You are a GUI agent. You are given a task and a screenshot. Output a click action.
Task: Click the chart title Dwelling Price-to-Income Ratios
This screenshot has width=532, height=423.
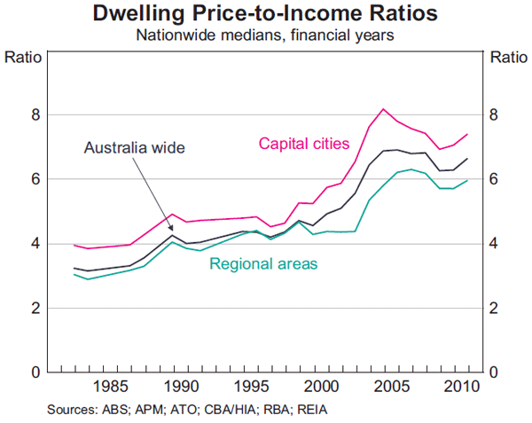pyautogui.click(x=266, y=15)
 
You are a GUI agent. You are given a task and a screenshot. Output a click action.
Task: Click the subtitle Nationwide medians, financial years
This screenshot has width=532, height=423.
pyautogui.click(x=266, y=36)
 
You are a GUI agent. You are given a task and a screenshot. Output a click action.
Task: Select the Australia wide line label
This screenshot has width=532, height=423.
pyautogui.click(x=135, y=148)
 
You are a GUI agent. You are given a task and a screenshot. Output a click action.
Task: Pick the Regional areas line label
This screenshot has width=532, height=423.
pyautogui.click(x=263, y=263)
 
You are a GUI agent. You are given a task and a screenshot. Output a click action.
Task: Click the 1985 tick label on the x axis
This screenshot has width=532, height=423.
pyautogui.click(x=110, y=387)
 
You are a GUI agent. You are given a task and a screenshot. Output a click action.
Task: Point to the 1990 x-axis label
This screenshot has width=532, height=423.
pyautogui.click(x=181, y=387)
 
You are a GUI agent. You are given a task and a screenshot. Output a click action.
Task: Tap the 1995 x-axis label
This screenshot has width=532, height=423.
pyautogui.click(x=252, y=387)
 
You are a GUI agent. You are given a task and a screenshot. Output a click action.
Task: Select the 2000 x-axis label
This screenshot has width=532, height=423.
pyautogui.click(x=323, y=387)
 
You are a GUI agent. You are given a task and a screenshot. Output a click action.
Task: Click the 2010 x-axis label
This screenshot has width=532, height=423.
pyautogui.click(x=461, y=387)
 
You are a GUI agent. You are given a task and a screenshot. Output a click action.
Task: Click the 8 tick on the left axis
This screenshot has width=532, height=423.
pyautogui.click(x=35, y=115)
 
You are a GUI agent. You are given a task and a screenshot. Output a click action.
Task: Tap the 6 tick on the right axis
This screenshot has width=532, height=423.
pyautogui.click(x=495, y=179)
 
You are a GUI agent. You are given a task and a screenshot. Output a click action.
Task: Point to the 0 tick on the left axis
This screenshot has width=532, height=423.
pyautogui.click(x=35, y=372)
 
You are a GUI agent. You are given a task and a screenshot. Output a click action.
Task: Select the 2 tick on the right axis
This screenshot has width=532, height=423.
pyautogui.click(x=495, y=308)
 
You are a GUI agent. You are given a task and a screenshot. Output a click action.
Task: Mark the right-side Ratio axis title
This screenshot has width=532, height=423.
pyautogui.click(x=506, y=59)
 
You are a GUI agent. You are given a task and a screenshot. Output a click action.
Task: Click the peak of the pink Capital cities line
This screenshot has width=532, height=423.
pyautogui.click(x=383, y=109)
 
